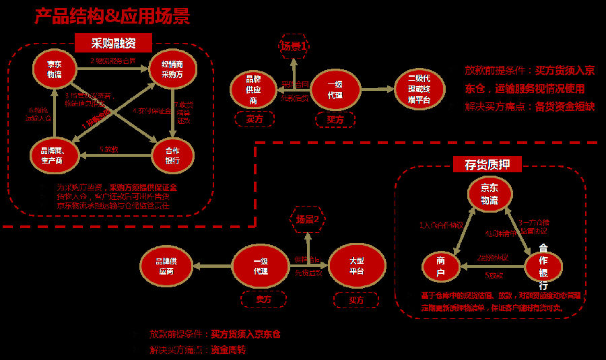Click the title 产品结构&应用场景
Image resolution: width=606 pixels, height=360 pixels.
point(112,15)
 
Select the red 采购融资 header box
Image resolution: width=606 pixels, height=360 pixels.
point(114,44)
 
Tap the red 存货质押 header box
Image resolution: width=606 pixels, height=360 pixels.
point(492,165)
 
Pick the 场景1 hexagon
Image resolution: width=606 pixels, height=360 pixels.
point(294,46)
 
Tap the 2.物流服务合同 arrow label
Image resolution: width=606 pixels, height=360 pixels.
point(114,60)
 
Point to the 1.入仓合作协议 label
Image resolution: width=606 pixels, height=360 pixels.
point(441,225)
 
